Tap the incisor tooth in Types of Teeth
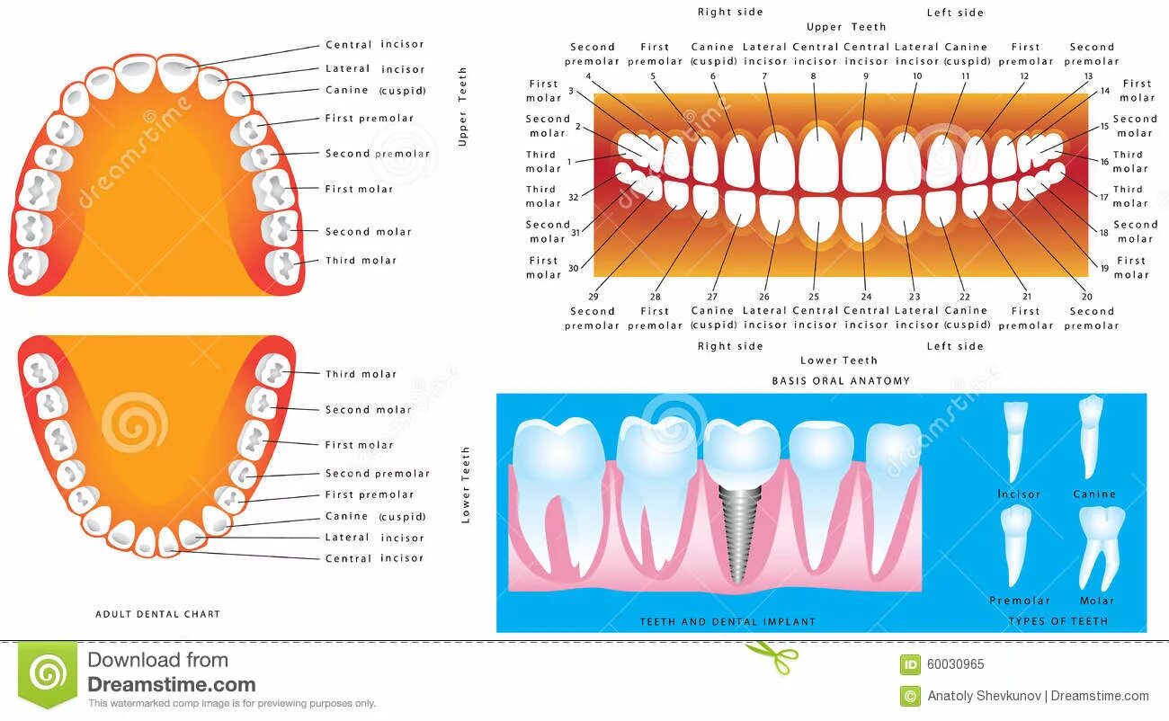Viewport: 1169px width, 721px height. [x=1014, y=440]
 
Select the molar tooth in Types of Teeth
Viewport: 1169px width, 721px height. [x=1101, y=545]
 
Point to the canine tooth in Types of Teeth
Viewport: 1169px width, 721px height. [x=1091, y=435]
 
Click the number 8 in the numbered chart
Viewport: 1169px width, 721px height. [x=814, y=77]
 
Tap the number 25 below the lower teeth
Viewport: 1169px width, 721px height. [x=814, y=296]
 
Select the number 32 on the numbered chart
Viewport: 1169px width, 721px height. [x=573, y=196]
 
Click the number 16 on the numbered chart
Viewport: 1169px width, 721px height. [x=1104, y=162]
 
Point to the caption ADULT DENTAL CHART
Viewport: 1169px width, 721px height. [x=157, y=614]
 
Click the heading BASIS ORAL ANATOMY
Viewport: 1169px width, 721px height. [x=841, y=381]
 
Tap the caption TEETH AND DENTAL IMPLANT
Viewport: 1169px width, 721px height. [x=727, y=621]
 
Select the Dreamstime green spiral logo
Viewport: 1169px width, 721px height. [x=48, y=673]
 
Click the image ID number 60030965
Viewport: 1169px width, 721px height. [x=955, y=665]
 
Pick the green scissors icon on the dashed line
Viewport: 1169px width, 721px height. [x=772, y=655]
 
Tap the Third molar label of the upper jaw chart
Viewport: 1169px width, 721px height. [x=361, y=261]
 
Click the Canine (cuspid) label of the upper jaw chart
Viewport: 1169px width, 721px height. [x=375, y=91]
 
